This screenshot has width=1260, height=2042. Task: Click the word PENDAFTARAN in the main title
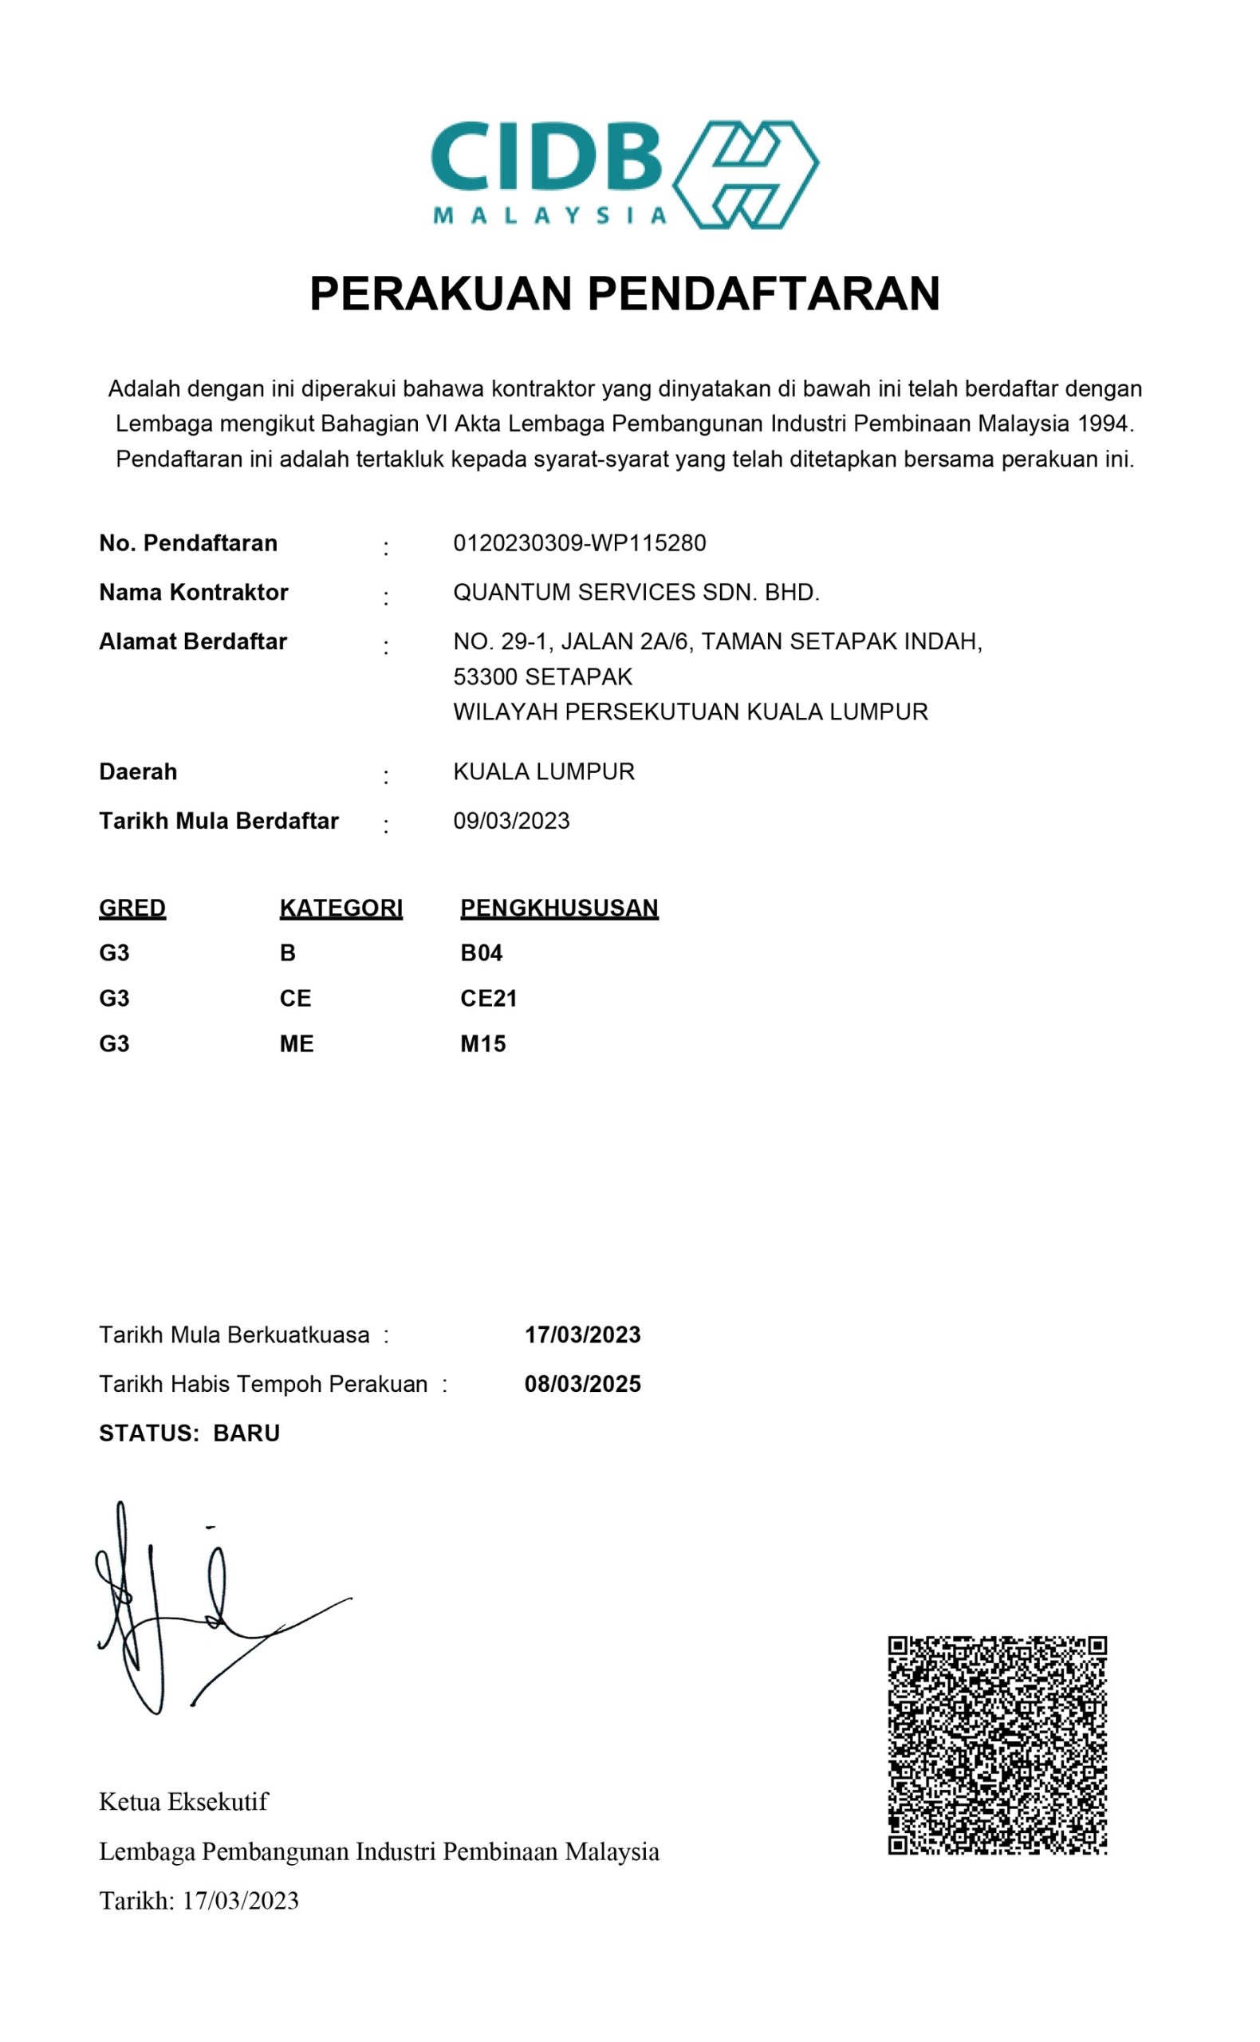[764, 294]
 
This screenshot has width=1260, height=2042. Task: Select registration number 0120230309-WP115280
[579, 543]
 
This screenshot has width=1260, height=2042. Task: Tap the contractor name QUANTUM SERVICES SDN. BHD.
[636, 593]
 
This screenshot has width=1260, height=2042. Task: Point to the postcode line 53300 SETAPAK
[542, 676]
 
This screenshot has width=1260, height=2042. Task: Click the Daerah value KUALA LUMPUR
[543, 772]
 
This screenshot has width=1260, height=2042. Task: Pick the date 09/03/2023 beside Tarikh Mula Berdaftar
[511, 821]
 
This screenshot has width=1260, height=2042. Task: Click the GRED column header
[132, 908]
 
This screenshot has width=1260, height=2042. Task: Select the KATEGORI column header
[341, 908]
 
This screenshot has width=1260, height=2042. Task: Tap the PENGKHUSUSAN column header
[559, 908]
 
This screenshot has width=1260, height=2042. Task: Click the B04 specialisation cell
[481, 952]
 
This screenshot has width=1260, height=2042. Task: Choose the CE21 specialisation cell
[488, 999]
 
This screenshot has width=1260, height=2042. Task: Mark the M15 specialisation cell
[482, 1043]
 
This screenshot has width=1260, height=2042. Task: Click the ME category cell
[297, 1043]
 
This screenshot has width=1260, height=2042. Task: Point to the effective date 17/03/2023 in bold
[582, 1335]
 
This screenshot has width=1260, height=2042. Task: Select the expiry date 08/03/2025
[582, 1385]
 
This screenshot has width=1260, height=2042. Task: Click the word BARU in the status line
[246, 1433]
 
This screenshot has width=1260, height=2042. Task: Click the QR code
[997, 1744]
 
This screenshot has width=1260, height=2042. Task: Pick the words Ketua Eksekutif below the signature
[183, 1802]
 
